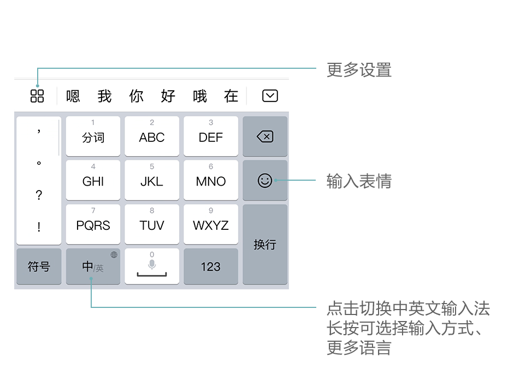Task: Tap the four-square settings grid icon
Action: pos(37,96)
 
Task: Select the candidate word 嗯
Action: pos(73,96)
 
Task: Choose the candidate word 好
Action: pos(168,96)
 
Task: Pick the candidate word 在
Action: pos(231,96)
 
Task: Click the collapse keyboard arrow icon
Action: pos(270,96)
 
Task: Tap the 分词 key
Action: pos(93,136)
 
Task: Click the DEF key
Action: pos(211,136)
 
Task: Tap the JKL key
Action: pos(152,180)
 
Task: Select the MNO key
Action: pos(211,180)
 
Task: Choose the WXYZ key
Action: pos(211,224)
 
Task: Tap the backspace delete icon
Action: pos(265,136)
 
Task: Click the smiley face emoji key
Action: pos(265,180)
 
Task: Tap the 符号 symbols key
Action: pos(39,266)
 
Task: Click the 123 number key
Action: pos(211,266)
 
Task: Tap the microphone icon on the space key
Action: pos(152,264)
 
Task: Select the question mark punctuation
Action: pos(39,195)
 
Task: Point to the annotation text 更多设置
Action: pos(359,70)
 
